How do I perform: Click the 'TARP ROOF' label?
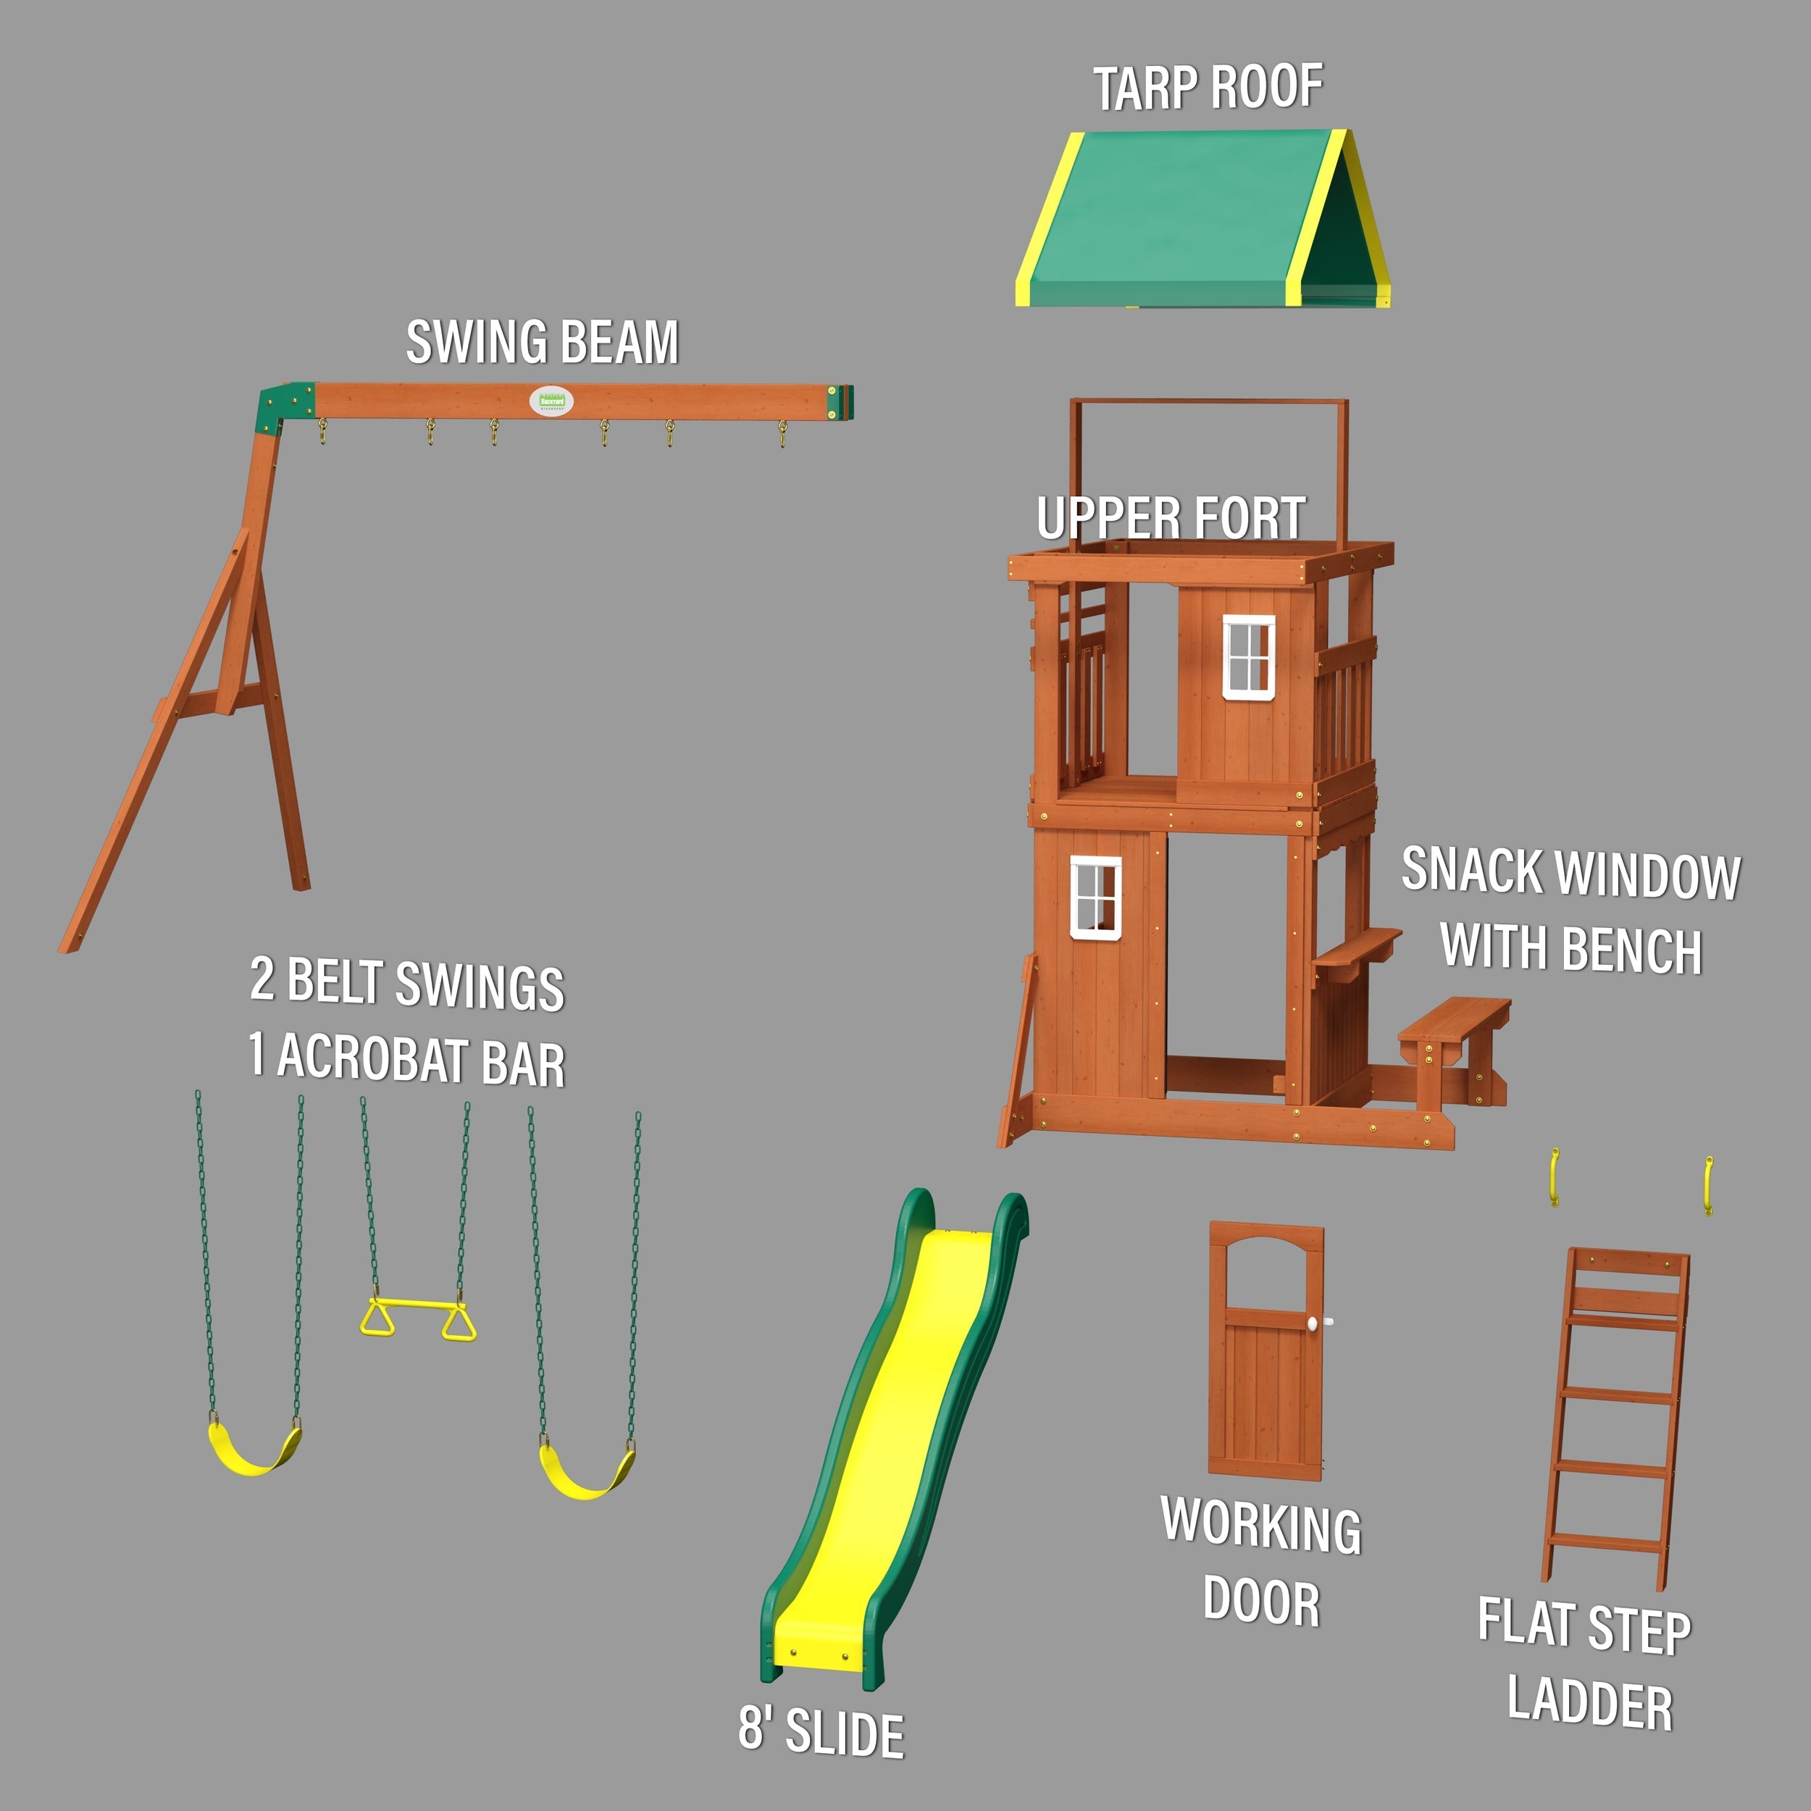pos(1208,88)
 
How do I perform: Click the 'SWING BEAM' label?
pos(542,341)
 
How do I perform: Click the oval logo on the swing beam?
pos(551,401)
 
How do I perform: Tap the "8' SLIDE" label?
pos(820,1732)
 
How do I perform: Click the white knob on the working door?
pos(1313,1323)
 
